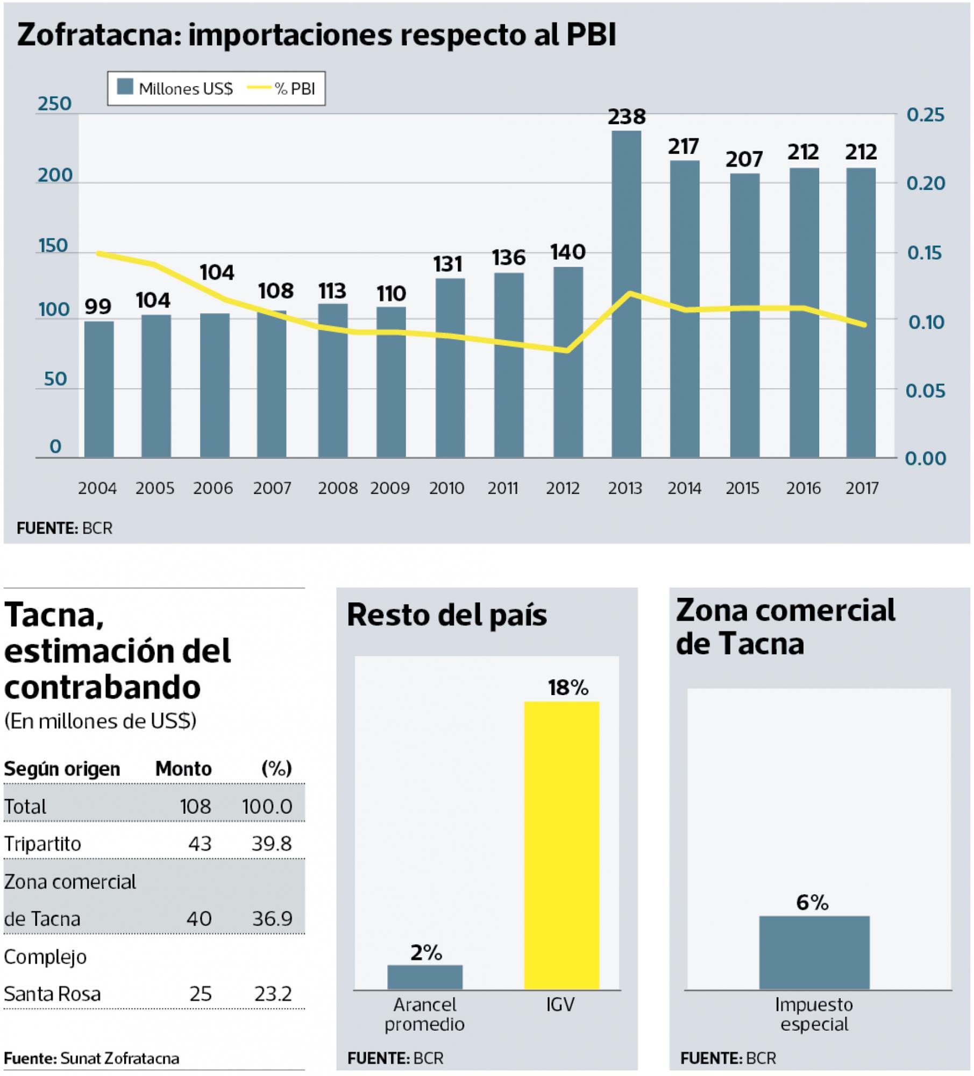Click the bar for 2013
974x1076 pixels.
click(x=626, y=294)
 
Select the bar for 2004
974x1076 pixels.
click(x=99, y=390)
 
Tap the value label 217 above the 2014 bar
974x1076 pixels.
click(x=683, y=146)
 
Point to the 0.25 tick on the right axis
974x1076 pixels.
click(x=925, y=115)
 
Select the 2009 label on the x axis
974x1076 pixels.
click(x=390, y=488)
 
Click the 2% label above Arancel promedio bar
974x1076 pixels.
click(x=425, y=952)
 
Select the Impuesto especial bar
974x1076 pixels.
click(x=814, y=952)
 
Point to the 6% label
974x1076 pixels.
click(x=812, y=902)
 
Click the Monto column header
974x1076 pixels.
click(x=183, y=769)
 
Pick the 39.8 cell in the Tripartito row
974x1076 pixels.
click(x=272, y=844)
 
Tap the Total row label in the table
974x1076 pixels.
click(x=25, y=806)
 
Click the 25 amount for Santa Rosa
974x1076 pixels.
click(x=200, y=994)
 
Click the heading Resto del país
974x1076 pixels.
click(x=446, y=614)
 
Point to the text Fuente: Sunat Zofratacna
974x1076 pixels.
click(x=91, y=1058)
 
